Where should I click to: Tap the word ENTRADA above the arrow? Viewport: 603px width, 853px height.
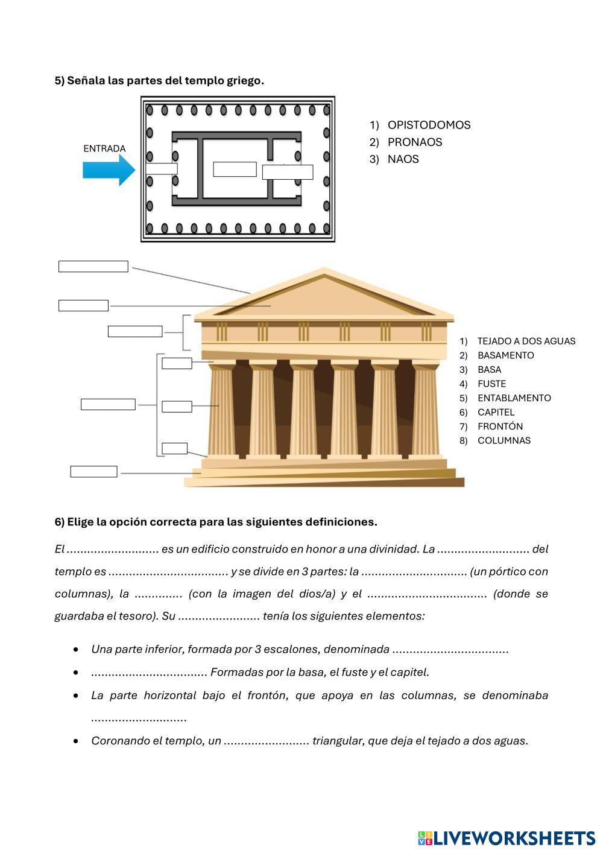click(104, 148)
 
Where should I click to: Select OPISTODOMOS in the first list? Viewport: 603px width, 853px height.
click(429, 125)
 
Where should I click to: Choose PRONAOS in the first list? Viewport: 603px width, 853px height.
click(415, 142)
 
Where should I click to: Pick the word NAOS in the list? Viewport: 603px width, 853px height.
click(403, 159)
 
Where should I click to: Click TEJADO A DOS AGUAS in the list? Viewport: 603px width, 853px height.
click(526, 341)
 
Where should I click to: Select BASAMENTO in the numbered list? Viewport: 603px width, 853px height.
click(505, 355)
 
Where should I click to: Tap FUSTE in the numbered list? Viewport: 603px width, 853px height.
click(491, 384)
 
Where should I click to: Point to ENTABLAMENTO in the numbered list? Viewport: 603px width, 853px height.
click(514, 398)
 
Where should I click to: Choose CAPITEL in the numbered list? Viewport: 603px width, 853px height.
click(496, 412)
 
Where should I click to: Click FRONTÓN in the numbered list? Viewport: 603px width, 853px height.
click(500, 426)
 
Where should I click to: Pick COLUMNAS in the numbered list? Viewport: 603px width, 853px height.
click(504, 440)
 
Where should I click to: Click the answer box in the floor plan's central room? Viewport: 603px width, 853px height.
click(235, 170)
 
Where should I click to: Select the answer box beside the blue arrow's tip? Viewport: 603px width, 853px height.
click(162, 169)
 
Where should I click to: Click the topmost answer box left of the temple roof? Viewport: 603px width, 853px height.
click(93, 267)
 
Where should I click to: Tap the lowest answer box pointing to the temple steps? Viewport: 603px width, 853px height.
click(93, 472)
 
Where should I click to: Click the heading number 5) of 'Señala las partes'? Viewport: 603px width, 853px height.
click(59, 80)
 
